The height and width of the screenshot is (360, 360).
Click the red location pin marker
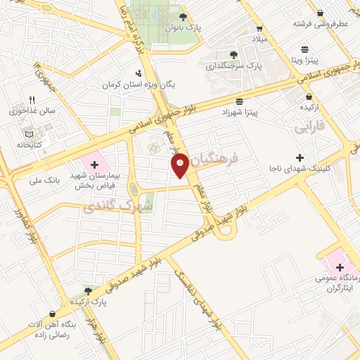[180, 165]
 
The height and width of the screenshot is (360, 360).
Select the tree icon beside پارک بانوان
[184, 17]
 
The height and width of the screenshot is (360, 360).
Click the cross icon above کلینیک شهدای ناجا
[300, 157]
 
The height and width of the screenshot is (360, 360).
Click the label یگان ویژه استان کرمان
[139, 84]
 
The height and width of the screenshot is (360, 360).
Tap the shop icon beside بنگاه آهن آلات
[51, 314]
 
